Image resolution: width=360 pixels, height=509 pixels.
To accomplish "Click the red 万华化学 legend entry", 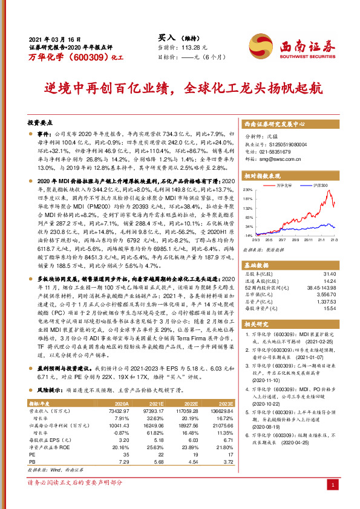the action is [x=284, y=185].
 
